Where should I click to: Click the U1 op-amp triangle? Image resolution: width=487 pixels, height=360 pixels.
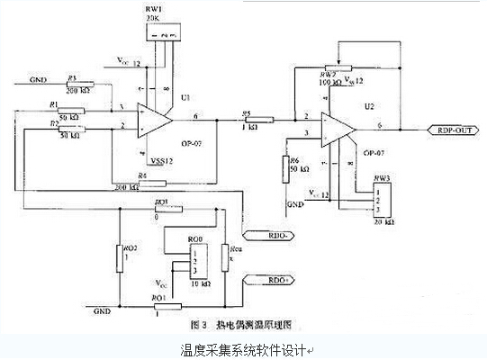(x=154, y=120)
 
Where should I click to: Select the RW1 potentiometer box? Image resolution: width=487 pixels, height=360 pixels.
(x=164, y=32)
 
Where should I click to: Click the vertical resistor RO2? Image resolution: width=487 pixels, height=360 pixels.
(x=119, y=257)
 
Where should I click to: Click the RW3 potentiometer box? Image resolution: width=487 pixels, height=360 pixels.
(x=383, y=202)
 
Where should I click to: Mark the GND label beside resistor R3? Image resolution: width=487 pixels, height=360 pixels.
(x=38, y=80)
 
